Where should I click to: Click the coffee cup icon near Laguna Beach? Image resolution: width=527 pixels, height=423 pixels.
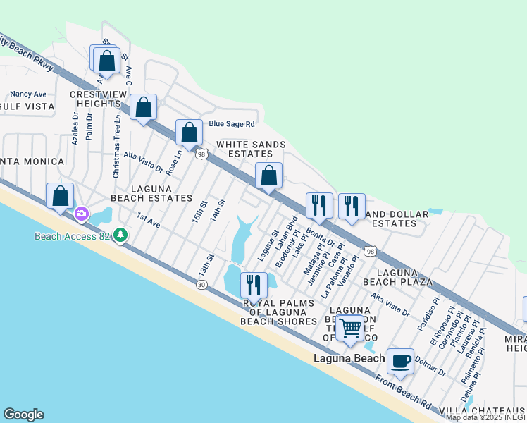pos(401,361)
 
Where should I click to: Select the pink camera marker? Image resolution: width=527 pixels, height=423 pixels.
pos(82,213)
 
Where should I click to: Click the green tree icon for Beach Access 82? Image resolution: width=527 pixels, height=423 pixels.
pos(121,234)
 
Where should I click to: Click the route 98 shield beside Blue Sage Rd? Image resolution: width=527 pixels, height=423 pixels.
pos(201,154)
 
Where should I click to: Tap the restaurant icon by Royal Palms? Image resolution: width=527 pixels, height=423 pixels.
pos(253,284)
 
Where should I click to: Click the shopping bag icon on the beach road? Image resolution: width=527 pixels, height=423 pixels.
pos(61,195)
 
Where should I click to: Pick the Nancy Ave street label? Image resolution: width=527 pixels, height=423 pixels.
pos(28,94)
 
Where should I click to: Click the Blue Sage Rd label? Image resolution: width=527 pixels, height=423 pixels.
pos(231,124)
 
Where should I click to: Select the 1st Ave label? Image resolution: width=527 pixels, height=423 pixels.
pos(149,221)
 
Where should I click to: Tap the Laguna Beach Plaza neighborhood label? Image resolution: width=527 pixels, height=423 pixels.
pos(404,276)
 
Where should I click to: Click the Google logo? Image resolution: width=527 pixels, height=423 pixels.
pos(23,415)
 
